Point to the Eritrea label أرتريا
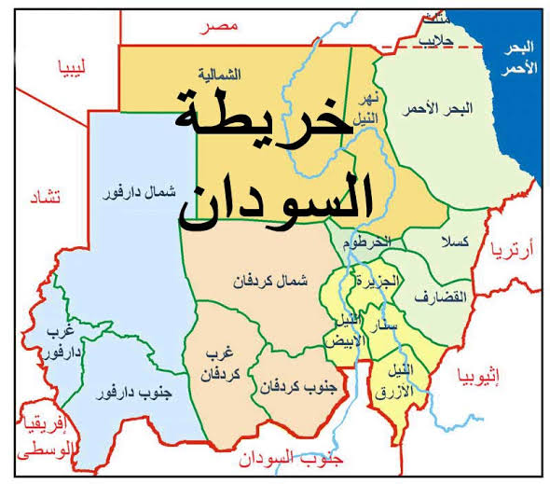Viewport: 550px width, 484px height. [x=526, y=249]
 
